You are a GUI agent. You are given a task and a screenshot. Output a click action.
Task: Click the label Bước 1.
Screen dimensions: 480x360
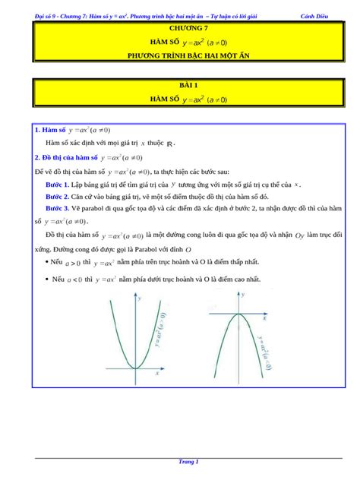click(57, 185)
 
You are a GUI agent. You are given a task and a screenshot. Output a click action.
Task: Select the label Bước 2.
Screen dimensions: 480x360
click(57, 196)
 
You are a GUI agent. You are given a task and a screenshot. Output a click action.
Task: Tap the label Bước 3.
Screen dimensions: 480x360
click(57, 207)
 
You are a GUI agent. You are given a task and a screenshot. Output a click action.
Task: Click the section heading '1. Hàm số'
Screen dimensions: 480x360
click(47, 130)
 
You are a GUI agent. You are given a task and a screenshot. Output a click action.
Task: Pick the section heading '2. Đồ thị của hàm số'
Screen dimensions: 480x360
click(67, 158)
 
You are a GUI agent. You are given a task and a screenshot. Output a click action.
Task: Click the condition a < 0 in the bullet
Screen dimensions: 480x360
click(73, 280)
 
